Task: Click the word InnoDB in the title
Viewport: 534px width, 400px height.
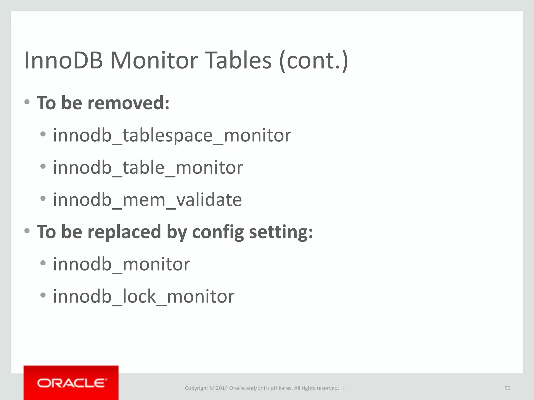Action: (63, 60)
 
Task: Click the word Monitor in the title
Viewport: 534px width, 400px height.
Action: (154, 60)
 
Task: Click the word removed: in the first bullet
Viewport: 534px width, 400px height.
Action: (129, 103)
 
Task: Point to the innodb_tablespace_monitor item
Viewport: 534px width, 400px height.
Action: (172, 135)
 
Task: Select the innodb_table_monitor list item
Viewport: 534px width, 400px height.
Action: (148, 167)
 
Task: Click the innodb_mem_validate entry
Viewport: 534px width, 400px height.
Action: (147, 200)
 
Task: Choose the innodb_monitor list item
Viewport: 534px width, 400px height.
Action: (122, 264)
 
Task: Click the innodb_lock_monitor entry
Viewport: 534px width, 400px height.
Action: (144, 296)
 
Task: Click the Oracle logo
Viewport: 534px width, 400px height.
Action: (71, 383)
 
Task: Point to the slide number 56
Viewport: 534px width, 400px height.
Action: (507, 388)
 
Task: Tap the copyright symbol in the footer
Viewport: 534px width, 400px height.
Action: (212, 388)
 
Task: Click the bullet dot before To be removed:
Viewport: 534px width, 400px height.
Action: (27, 102)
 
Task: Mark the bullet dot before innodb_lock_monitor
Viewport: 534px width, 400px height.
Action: (43, 295)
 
